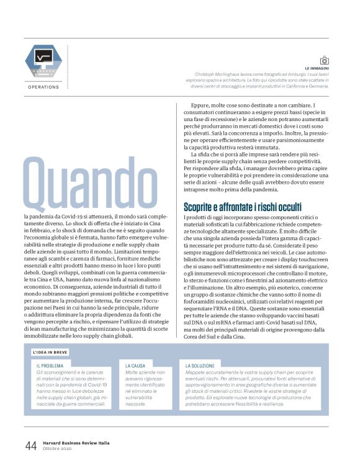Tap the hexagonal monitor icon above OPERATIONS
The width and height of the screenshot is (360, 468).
click(43, 61)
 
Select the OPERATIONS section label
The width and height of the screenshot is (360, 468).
click(43, 87)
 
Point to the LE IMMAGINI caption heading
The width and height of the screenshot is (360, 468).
click(321, 68)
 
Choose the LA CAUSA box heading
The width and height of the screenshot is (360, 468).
click(136, 366)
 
